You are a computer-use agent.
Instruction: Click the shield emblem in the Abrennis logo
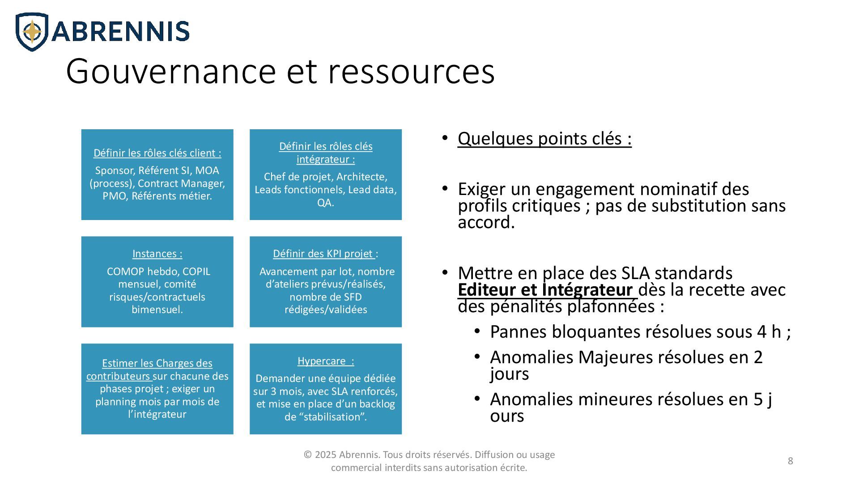[x=32, y=32]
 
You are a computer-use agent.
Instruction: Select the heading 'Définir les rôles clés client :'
[x=157, y=153]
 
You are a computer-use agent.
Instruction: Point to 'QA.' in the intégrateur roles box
[x=325, y=203]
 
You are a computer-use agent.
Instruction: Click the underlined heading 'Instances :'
[x=157, y=254]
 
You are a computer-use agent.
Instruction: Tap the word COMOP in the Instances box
[x=124, y=271]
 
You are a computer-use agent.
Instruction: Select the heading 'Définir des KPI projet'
[x=323, y=254]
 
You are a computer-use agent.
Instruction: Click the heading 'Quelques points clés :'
[x=544, y=139]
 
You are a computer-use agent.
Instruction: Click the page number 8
[x=790, y=461]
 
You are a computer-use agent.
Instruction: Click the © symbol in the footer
[x=307, y=455]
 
